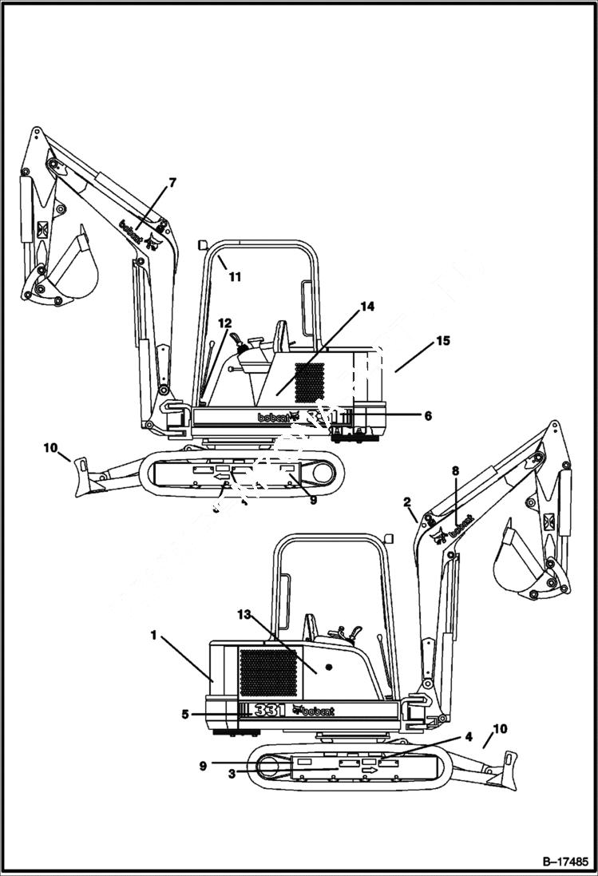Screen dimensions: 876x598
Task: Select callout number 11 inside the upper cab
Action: pyautogui.click(x=234, y=277)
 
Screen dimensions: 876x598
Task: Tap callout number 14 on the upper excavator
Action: pyautogui.click(x=366, y=307)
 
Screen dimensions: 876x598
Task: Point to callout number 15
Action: pyautogui.click(x=442, y=341)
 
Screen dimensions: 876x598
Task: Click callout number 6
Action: pyautogui.click(x=427, y=415)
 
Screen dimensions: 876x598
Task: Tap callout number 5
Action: pyautogui.click(x=185, y=715)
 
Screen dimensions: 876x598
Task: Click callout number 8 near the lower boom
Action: pyautogui.click(x=456, y=471)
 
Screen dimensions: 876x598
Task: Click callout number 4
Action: pyautogui.click(x=469, y=736)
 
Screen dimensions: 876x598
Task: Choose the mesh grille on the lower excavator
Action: pyautogui.click(x=268, y=672)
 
